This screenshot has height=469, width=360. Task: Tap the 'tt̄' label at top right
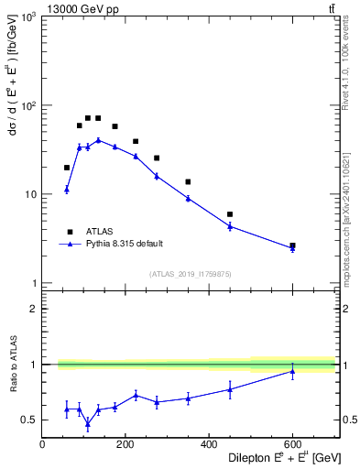coord(330,8)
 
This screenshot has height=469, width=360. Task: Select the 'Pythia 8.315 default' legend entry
coord(124,244)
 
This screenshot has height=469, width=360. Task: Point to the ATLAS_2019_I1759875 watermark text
coord(189,274)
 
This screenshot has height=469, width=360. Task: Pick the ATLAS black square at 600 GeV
coord(292,245)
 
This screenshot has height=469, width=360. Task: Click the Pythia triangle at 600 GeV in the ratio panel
coord(292,371)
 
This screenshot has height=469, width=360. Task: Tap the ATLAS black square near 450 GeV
coord(230,214)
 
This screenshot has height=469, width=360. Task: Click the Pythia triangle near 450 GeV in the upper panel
coord(230,225)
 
